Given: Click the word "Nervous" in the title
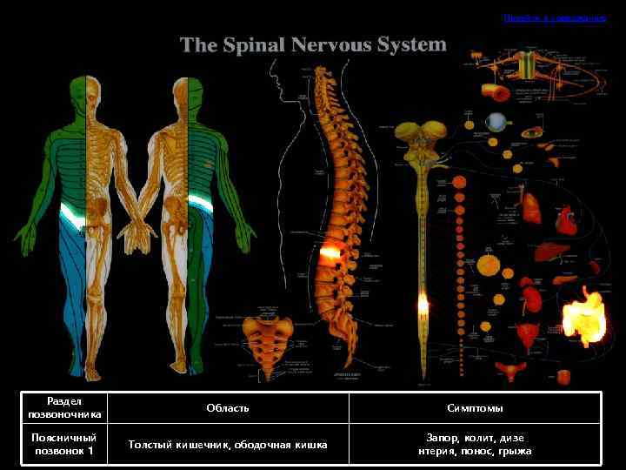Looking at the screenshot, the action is (333, 45).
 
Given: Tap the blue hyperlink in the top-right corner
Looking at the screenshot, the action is (555, 18).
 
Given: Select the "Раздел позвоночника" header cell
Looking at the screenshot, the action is (64, 407).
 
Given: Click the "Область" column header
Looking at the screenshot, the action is (228, 407).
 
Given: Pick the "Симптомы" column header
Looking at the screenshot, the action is (475, 407).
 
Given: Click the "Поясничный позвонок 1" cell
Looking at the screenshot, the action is (64, 444).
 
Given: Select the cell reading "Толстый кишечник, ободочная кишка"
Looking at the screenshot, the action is (228, 445).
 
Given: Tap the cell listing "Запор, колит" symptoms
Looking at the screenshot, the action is (475, 444).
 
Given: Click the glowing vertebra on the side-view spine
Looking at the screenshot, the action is (330, 253).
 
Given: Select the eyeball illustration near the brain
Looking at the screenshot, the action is (496, 122).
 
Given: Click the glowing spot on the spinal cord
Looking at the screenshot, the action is (423, 305).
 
